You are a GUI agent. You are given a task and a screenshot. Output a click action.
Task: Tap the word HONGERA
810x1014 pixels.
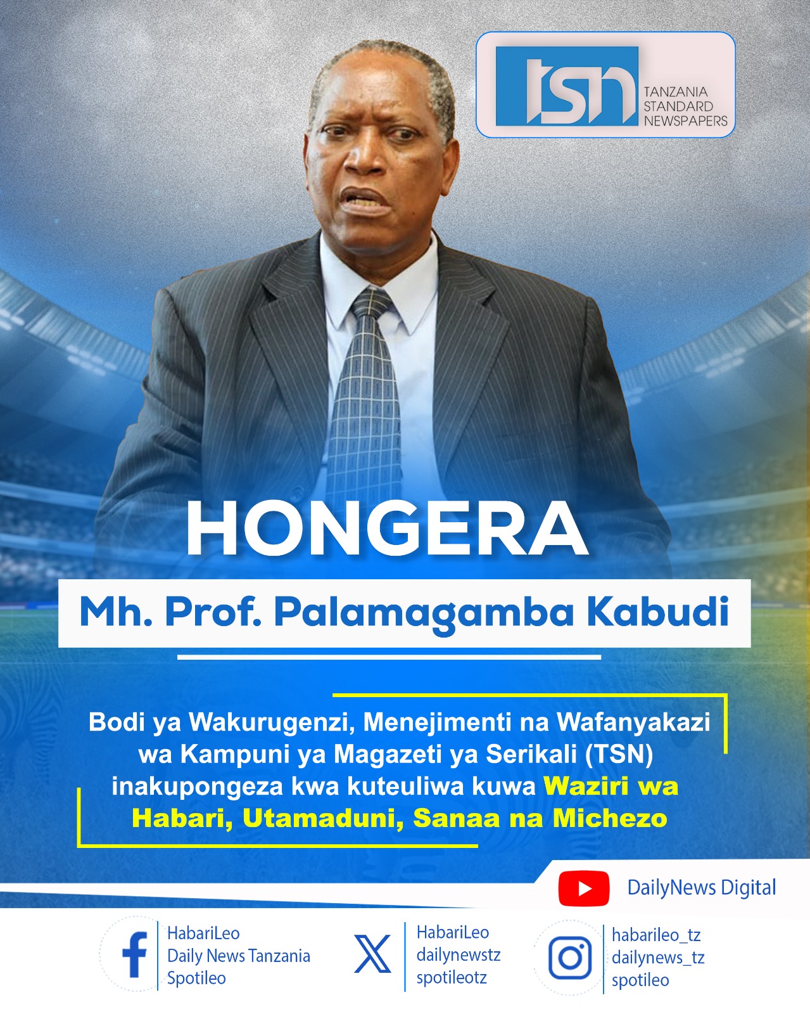click(386, 529)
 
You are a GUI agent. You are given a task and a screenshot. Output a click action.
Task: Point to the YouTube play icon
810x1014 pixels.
click(583, 888)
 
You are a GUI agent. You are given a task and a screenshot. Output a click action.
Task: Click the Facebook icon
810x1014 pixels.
click(134, 955)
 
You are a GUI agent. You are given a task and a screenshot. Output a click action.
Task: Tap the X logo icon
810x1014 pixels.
click(372, 955)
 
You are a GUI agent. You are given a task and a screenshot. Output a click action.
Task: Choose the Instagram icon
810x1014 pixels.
click(569, 957)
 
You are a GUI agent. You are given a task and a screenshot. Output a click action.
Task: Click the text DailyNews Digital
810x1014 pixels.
click(701, 888)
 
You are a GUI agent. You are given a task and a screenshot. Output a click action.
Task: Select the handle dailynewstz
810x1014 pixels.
click(458, 955)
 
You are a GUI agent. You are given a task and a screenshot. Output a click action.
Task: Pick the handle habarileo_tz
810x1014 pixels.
click(655, 935)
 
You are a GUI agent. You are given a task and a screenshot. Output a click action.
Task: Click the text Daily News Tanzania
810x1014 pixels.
click(238, 956)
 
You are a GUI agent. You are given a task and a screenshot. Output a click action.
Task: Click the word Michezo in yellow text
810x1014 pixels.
click(609, 819)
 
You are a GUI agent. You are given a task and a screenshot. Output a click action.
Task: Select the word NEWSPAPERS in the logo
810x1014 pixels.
click(685, 121)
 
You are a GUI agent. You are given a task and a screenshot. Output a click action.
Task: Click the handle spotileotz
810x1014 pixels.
click(452, 977)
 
